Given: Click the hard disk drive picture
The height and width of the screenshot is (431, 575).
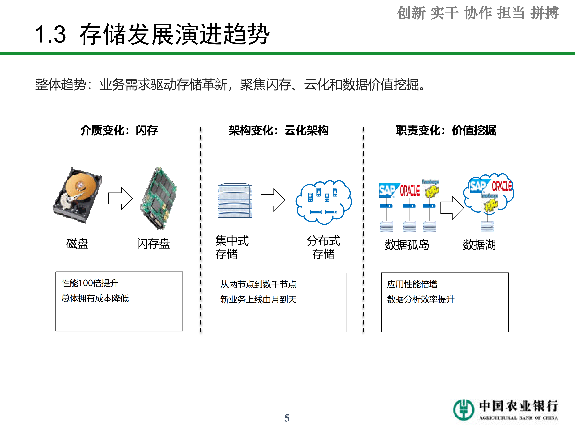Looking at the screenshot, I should (77, 195).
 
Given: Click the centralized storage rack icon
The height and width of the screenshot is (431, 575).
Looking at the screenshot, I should (235, 200).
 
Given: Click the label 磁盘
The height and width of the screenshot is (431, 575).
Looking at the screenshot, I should (77, 244).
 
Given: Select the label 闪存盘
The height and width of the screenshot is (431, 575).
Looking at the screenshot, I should (153, 244).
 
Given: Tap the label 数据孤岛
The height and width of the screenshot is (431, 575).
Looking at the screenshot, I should (407, 245).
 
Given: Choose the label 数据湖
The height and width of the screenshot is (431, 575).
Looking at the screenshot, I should (479, 245).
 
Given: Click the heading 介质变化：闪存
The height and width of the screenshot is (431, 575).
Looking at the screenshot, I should (119, 130).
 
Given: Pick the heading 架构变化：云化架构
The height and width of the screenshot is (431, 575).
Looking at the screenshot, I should (279, 130).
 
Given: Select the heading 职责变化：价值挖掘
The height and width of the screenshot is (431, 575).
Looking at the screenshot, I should (446, 130).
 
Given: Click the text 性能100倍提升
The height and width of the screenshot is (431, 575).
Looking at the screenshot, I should (90, 283).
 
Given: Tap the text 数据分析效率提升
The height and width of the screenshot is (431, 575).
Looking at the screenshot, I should (421, 299).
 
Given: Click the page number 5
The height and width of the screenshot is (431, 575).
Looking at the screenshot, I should (287, 418).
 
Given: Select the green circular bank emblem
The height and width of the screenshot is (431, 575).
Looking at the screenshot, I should (463, 410).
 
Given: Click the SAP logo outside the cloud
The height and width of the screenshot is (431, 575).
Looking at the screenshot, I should (387, 190).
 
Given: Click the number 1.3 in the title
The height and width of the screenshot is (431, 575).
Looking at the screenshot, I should (50, 34).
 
